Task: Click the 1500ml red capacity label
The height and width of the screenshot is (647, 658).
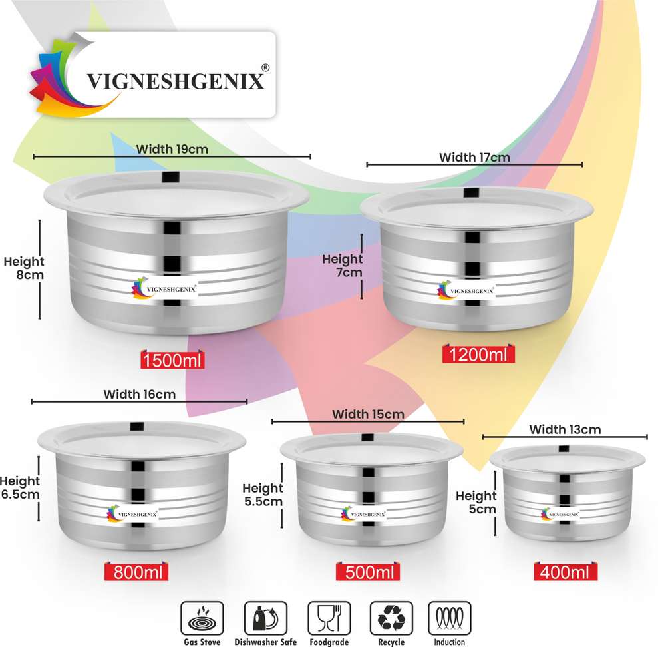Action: (x=172, y=360)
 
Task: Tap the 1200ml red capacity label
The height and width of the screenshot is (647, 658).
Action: (x=478, y=355)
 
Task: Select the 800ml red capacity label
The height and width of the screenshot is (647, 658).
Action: (x=136, y=572)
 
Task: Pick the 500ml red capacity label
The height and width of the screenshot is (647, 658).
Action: (x=368, y=572)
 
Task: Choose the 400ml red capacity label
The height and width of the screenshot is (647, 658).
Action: (x=566, y=572)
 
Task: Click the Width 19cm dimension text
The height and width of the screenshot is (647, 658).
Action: (x=172, y=149)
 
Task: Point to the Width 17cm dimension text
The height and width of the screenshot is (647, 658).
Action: (x=474, y=158)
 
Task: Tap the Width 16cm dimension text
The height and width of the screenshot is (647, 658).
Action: (x=139, y=394)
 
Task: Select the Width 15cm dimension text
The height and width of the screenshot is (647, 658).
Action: (x=368, y=414)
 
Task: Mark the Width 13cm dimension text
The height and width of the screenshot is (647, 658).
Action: (x=565, y=429)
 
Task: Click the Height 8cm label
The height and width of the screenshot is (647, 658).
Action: (x=24, y=268)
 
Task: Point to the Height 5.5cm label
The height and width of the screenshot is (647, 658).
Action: (x=263, y=494)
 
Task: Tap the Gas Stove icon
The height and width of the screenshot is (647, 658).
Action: (x=202, y=618)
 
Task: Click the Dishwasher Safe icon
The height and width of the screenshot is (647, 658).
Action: (x=265, y=618)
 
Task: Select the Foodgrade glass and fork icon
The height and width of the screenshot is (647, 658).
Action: (x=329, y=618)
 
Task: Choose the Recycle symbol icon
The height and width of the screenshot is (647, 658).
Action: (x=391, y=618)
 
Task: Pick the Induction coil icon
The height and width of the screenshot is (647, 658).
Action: (x=450, y=618)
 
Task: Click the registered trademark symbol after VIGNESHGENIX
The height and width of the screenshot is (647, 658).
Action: (x=265, y=68)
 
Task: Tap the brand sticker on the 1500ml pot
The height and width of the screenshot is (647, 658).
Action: (x=164, y=288)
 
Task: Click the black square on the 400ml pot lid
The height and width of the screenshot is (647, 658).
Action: (x=564, y=449)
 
